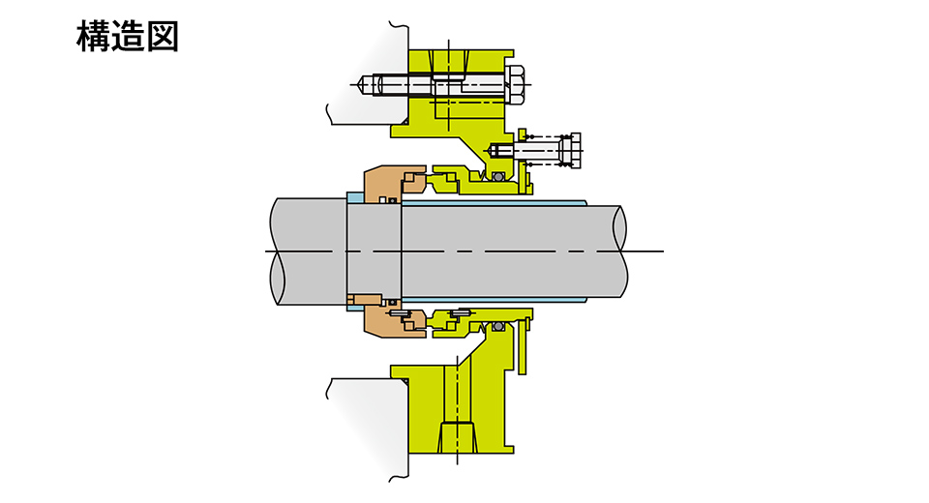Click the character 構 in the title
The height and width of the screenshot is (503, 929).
(x=93, y=37)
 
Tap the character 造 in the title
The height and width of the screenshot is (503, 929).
(x=128, y=37)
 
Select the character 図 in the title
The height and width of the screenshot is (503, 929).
(x=163, y=37)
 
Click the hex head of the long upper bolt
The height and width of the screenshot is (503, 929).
(x=515, y=85)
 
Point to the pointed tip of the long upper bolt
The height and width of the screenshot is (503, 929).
(x=359, y=84)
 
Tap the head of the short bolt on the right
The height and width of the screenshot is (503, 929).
(x=571, y=151)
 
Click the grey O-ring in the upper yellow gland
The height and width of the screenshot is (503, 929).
(x=498, y=177)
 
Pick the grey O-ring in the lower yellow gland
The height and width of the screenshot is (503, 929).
(x=498, y=327)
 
